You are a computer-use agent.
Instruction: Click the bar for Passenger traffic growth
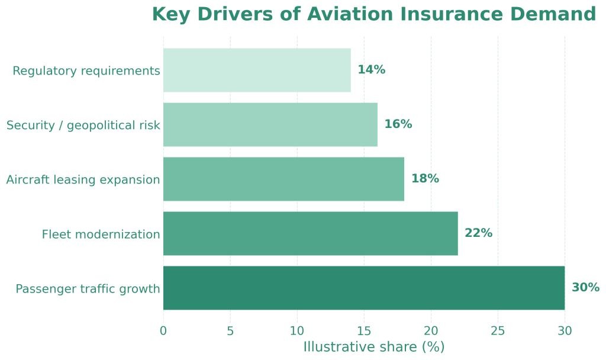(x=363, y=288)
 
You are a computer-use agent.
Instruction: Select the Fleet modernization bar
(x=310, y=233)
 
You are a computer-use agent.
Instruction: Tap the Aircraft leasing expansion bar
(x=283, y=179)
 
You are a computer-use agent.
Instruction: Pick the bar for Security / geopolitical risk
(x=270, y=124)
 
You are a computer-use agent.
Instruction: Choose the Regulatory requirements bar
(x=257, y=70)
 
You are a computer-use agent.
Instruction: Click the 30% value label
(x=586, y=288)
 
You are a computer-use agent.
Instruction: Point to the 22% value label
(x=478, y=233)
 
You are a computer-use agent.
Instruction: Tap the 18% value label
(x=425, y=179)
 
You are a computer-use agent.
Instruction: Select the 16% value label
(x=398, y=124)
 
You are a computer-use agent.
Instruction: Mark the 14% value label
(x=371, y=70)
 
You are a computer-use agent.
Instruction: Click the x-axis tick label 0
(x=163, y=331)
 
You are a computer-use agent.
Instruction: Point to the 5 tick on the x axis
(x=230, y=331)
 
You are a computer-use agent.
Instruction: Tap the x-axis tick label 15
(x=364, y=331)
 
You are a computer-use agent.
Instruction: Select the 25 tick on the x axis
(x=498, y=331)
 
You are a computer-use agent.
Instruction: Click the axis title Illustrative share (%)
(x=373, y=347)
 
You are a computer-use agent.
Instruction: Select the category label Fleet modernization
(x=101, y=234)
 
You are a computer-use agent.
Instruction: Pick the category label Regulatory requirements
(x=86, y=71)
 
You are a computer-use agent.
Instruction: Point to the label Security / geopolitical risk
(x=83, y=126)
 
